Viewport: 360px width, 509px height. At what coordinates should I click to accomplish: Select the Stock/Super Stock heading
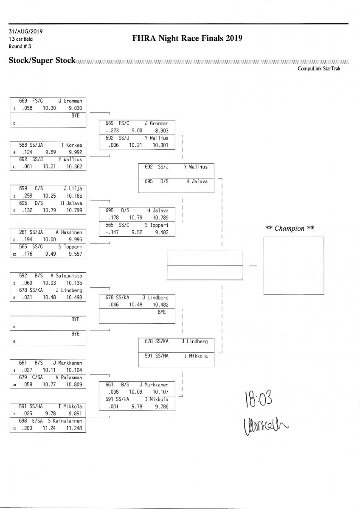42,60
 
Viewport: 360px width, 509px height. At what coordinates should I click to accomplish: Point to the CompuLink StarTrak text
321,68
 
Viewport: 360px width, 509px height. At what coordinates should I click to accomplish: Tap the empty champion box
290,265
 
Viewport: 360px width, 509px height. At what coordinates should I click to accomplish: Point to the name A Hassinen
69,232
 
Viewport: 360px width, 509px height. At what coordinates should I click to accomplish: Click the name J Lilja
72,188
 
